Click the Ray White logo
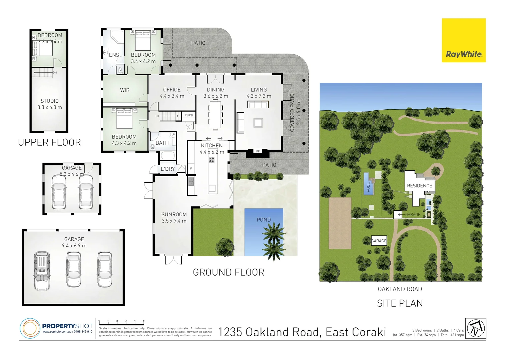click(464, 40)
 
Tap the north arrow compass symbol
click(476, 328)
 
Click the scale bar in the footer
click(122, 322)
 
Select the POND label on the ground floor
click(264, 220)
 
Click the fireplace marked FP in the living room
click(258, 152)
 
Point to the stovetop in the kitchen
click(211, 160)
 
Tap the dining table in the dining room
click(215, 115)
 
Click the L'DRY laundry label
click(167, 169)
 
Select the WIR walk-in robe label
click(125, 90)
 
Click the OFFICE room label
click(172, 90)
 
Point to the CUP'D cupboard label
click(189, 116)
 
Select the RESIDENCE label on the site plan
click(419, 186)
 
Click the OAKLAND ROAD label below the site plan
click(400, 289)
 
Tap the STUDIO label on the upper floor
click(50, 101)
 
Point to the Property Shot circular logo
click(30, 328)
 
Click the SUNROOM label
click(174, 215)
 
